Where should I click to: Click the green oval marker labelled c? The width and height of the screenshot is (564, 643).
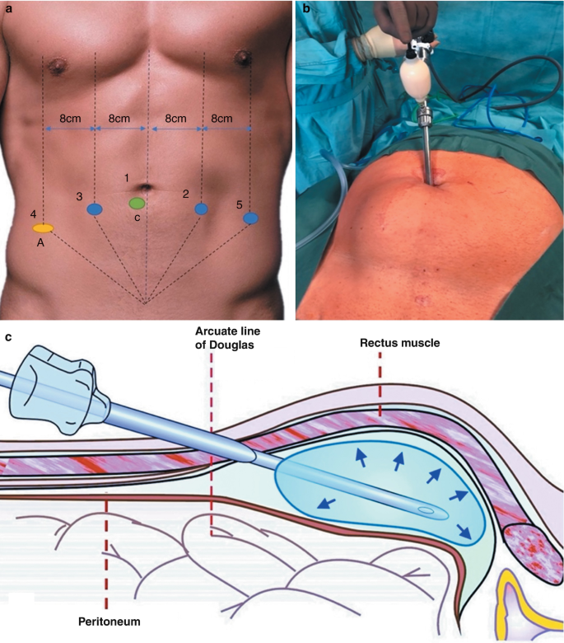pyautogui.click(x=138, y=203)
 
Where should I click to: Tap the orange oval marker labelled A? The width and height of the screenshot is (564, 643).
pyautogui.click(x=44, y=228)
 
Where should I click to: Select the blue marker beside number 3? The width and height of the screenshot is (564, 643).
pyautogui.click(x=95, y=209)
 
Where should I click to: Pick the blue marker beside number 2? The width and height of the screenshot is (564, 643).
pyautogui.click(x=201, y=209)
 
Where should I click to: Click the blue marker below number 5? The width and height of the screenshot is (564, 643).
pyautogui.click(x=251, y=218)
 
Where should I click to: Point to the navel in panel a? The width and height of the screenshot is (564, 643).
pyautogui.click(x=147, y=188)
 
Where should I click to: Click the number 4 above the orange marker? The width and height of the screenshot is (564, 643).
pyautogui.click(x=34, y=214)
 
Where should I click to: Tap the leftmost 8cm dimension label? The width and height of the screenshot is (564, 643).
pyautogui.click(x=69, y=119)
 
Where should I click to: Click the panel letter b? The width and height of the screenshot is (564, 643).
pyautogui.click(x=307, y=9)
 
